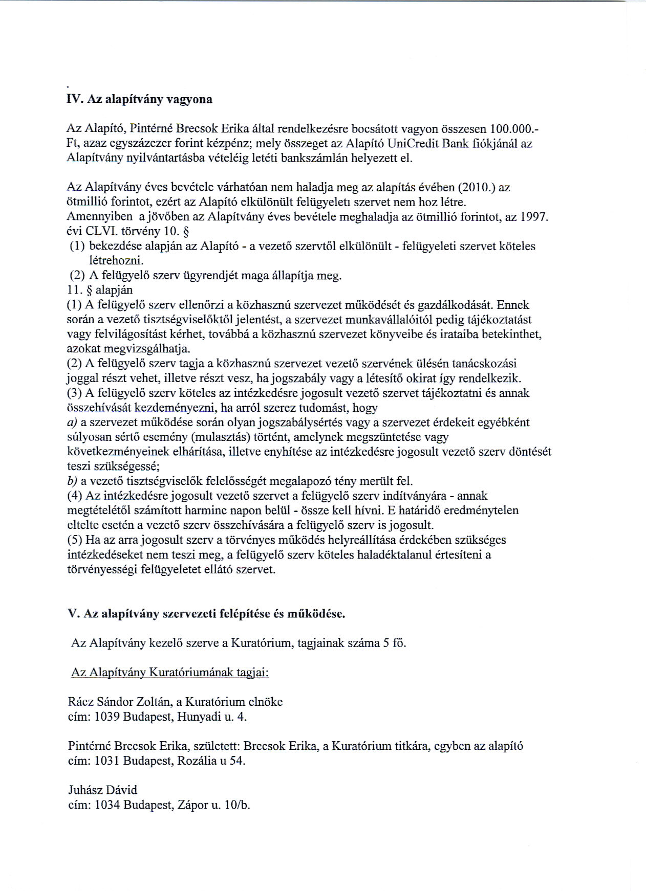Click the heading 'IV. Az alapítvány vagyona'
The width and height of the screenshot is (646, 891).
[x=140, y=100]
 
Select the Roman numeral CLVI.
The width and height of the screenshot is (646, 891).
[x=103, y=232]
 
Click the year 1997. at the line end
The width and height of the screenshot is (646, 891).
[x=534, y=217]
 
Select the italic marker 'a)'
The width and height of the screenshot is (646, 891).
[x=72, y=422]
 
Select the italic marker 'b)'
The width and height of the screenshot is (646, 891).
[x=72, y=481]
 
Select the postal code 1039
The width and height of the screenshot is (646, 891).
[x=107, y=717]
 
